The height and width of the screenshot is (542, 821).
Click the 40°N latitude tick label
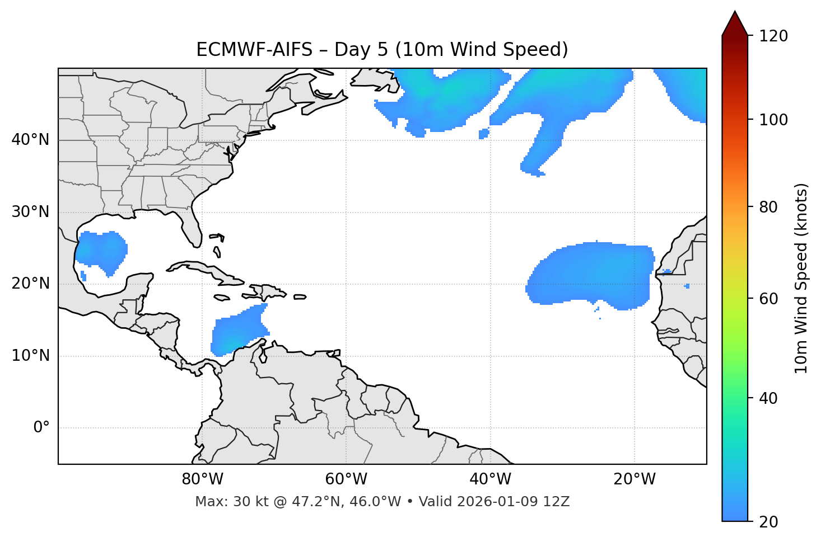[x=30, y=140]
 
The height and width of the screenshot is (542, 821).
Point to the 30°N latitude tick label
[x=30, y=212]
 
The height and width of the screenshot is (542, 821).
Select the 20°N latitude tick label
[x=30, y=284]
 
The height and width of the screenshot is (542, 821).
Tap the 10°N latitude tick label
[x=30, y=356]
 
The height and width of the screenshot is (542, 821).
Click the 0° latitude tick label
[x=41, y=428]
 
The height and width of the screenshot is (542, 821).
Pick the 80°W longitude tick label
[x=202, y=479]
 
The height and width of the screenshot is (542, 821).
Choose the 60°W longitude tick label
[x=346, y=479]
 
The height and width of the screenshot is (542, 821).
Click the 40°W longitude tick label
[x=490, y=479]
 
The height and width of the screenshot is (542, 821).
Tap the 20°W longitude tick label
[x=634, y=479]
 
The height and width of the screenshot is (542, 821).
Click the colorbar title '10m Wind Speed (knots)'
[x=801, y=278]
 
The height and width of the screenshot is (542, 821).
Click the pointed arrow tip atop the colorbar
[x=735, y=15]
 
